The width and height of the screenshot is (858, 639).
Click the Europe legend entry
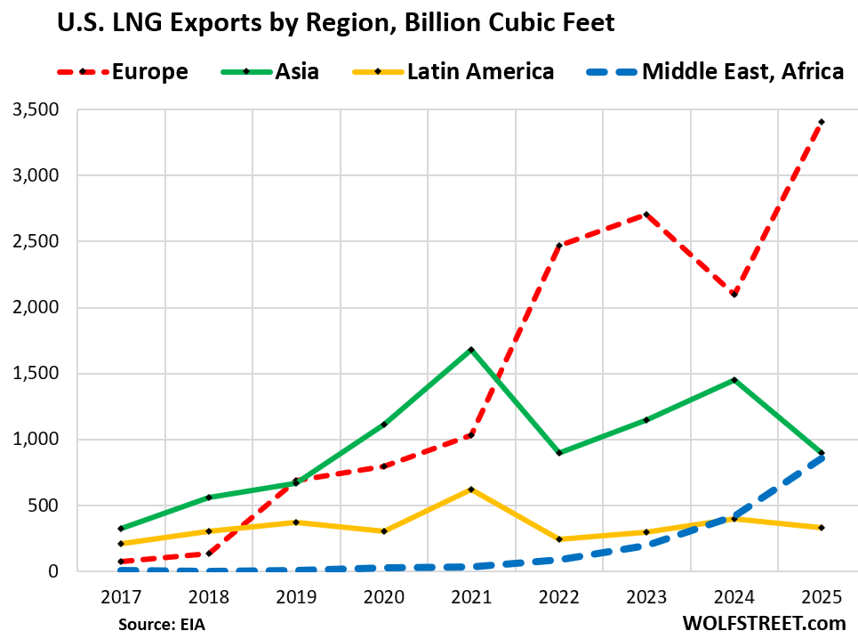coord(133,71)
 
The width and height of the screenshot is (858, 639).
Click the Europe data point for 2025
coord(822,122)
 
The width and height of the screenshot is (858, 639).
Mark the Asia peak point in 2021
coord(471,350)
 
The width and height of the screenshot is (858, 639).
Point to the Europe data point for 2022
coord(559,245)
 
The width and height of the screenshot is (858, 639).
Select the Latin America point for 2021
coord(471,489)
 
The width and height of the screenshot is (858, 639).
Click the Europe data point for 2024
coord(734,295)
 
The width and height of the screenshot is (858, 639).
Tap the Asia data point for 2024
coord(734,380)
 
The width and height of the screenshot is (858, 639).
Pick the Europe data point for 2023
coord(646,214)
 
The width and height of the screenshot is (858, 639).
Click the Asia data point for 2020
coord(384,425)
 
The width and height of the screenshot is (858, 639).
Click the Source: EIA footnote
coord(167,624)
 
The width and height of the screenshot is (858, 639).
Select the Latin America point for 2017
coord(121,544)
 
